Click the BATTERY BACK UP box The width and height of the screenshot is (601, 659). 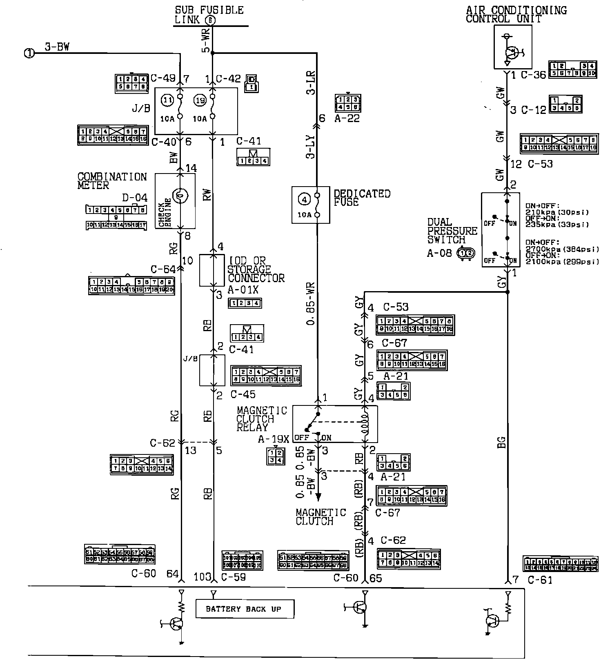click(x=245, y=609)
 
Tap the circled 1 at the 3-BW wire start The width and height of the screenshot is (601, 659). click(x=29, y=53)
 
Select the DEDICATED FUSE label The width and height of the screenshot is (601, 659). click(x=362, y=198)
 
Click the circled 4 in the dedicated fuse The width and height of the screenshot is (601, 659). click(x=304, y=199)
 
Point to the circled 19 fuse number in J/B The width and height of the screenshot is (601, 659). click(x=200, y=99)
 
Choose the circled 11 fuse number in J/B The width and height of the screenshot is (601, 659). click(x=167, y=99)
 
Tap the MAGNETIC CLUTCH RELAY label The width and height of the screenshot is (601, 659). click(x=262, y=419)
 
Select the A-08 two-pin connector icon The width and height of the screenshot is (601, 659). click(x=467, y=253)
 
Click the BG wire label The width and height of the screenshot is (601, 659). click(x=501, y=442)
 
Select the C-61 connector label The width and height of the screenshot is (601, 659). click(x=540, y=579)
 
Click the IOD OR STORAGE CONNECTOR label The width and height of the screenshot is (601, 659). click(x=256, y=269)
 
